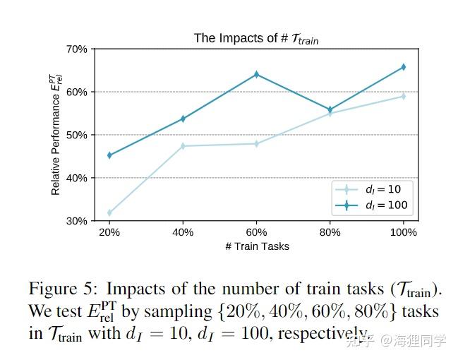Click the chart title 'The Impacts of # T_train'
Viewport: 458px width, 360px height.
pos(256,39)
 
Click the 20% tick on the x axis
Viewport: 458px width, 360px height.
pos(109,232)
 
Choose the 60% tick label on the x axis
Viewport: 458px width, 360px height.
pos(256,232)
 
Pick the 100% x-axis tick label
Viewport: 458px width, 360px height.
pos(403,232)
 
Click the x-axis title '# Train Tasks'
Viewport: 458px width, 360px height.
pos(256,246)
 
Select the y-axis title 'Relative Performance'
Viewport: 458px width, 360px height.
pos(56,135)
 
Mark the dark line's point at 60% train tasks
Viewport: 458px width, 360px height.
pos(256,74)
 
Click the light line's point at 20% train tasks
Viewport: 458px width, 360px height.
pos(109,212)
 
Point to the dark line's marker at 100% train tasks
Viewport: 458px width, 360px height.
pos(403,67)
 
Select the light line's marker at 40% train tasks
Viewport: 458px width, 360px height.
pos(183,146)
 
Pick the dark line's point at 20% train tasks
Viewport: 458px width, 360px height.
pos(109,155)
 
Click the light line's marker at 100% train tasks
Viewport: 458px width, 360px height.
pos(403,96)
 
